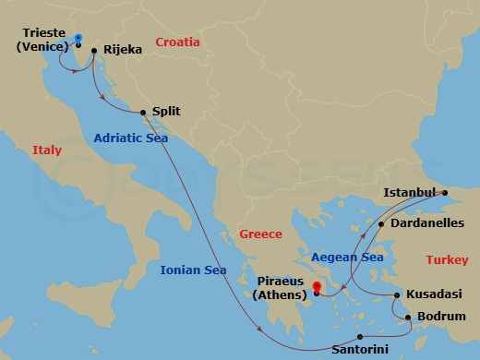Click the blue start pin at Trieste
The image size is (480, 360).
tap(78, 39)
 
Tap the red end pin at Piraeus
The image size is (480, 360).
tap(317, 287)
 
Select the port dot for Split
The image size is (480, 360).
tap(143, 114)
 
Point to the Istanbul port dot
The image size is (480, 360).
tap(444, 194)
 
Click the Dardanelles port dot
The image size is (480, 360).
tap(380, 223)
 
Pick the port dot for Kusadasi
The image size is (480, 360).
tap(397, 295)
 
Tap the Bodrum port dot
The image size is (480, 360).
tap(408, 318)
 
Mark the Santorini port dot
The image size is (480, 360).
tap(360, 336)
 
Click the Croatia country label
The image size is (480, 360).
tap(178, 42)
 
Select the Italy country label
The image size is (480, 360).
tap(47, 150)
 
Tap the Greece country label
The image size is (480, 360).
tap(260, 234)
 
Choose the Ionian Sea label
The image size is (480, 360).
tap(193, 270)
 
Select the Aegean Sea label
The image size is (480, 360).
tap(347, 258)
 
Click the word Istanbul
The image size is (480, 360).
tap(407, 192)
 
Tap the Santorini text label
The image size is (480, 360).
tap(361, 351)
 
